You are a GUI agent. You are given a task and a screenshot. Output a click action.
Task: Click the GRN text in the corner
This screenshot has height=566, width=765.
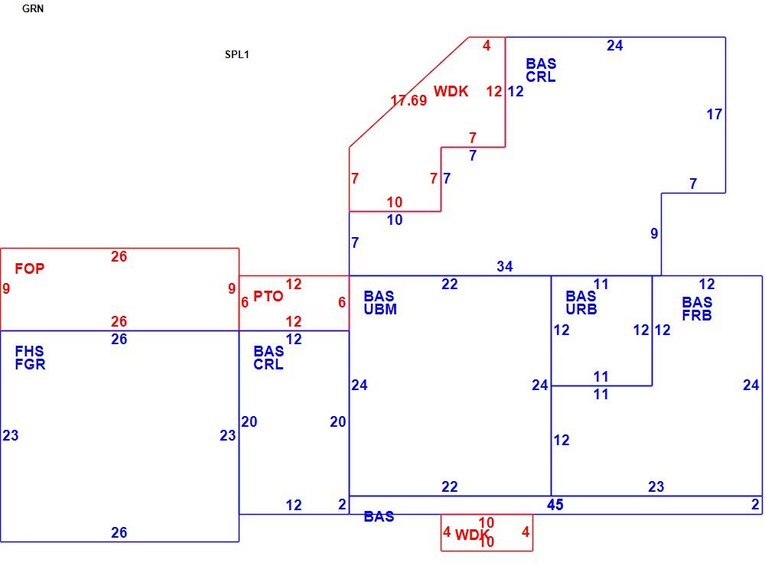(33, 8)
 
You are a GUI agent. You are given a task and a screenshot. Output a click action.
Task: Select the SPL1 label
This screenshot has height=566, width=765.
(236, 54)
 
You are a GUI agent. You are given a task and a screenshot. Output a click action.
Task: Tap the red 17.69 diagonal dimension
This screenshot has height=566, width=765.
(409, 100)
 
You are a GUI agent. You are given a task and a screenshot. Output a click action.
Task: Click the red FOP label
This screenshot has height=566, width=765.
(29, 268)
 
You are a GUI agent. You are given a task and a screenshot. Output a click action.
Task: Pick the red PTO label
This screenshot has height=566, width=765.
(268, 296)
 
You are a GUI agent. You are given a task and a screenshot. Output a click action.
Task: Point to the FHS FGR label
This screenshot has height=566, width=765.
(30, 358)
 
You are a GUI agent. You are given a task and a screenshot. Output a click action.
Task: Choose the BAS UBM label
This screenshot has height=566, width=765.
(380, 303)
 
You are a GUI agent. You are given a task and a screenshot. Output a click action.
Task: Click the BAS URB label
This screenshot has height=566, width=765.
(581, 303)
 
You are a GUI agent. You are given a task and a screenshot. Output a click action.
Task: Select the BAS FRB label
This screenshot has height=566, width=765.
(697, 308)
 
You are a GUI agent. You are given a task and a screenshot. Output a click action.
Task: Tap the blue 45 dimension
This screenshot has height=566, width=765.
(555, 505)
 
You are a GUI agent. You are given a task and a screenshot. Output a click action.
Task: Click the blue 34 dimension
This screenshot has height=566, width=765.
(505, 266)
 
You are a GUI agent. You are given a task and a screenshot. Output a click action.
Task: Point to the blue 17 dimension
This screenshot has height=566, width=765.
(715, 114)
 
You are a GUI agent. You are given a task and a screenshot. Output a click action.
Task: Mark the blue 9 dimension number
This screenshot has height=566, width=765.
(654, 234)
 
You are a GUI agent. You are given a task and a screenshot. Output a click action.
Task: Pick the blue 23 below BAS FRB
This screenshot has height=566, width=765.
(656, 486)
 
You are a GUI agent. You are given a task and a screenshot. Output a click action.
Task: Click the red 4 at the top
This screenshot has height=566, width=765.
(487, 45)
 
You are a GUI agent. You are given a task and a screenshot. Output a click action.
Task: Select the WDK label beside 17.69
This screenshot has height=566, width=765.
(451, 91)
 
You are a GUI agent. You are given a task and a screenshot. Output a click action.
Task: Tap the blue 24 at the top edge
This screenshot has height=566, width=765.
(615, 45)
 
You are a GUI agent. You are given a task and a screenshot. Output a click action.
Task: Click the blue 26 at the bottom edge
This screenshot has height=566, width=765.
(119, 532)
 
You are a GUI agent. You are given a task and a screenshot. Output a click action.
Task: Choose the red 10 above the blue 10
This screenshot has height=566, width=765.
(395, 202)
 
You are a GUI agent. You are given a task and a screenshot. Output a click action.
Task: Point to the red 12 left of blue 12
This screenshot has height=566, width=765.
(494, 91)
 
